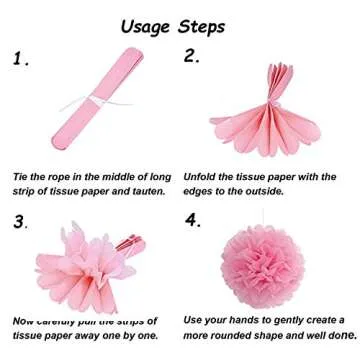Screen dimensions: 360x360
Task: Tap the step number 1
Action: pos(23,61)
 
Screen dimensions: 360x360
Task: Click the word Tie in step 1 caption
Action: pos(22,173)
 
